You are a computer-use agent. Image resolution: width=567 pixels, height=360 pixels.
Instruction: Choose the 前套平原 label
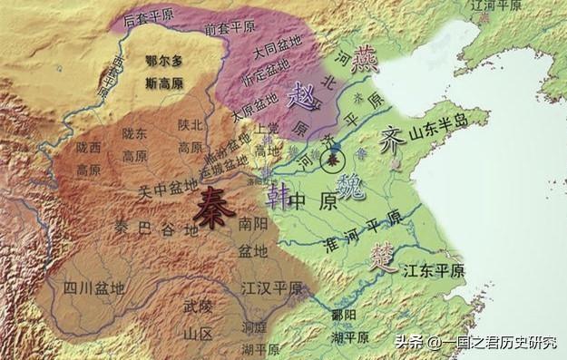tap(226, 29)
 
